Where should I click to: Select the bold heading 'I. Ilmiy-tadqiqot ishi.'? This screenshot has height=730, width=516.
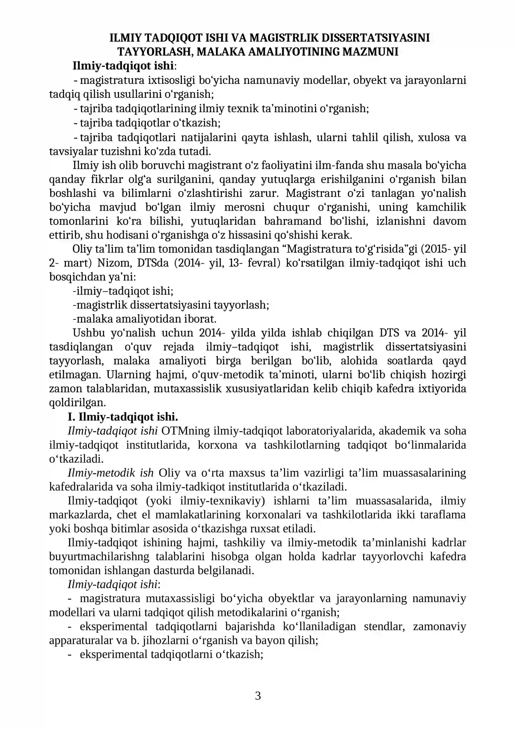pyautogui.click(x=123, y=417)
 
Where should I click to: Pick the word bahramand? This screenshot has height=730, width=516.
pyautogui.click(x=293, y=221)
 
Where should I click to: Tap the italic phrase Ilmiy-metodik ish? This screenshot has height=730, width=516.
pyautogui.click(x=111, y=473)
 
